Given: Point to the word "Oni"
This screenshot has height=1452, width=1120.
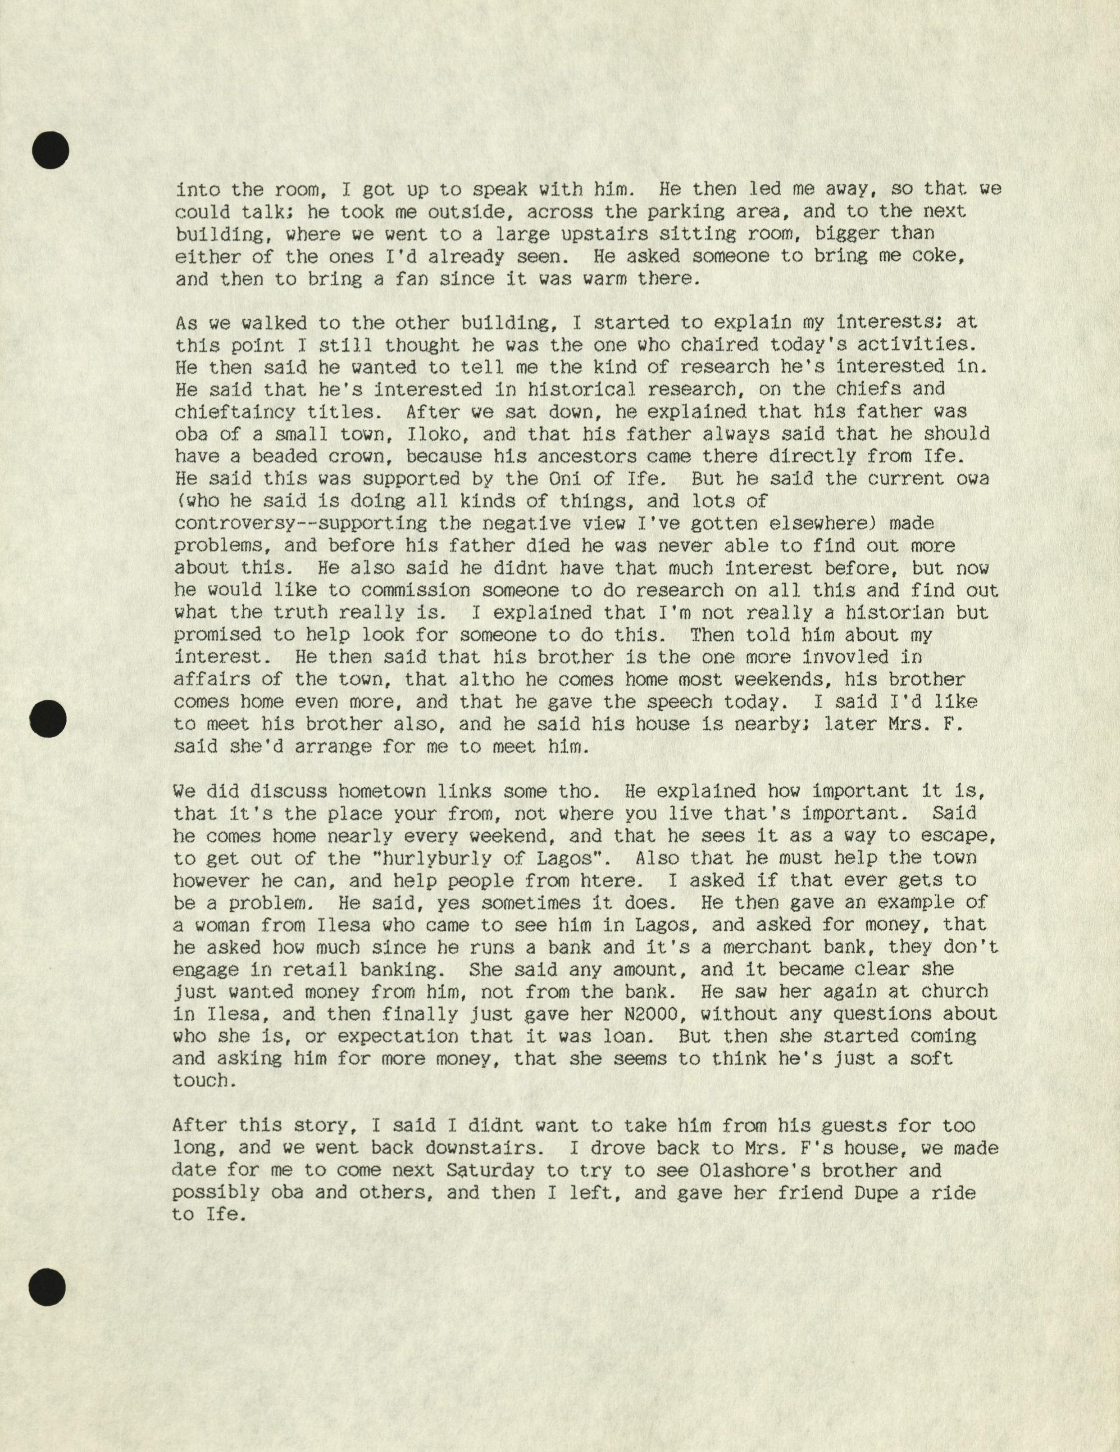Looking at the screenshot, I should pyautogui.click(x=570, y=479).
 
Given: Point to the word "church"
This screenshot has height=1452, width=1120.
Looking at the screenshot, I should pyautogui.click(x=954, y=992).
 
